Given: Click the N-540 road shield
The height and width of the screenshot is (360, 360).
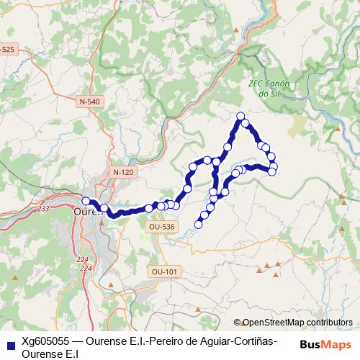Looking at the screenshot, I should (90, 102).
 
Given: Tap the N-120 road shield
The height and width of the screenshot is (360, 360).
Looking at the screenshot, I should (124, 173).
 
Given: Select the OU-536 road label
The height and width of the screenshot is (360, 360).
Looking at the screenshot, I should (161, 226).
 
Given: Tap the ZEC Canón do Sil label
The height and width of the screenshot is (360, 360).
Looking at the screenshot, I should (269, 89).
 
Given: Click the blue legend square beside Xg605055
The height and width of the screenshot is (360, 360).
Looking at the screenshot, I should (9, 343).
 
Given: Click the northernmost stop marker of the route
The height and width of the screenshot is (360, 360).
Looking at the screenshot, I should (241, 117).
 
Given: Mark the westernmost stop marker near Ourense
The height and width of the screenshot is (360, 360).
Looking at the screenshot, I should (86, 201).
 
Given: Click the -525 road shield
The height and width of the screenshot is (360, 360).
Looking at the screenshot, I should (7, 49).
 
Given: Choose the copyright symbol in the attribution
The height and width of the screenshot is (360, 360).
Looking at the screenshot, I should (238, 323).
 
